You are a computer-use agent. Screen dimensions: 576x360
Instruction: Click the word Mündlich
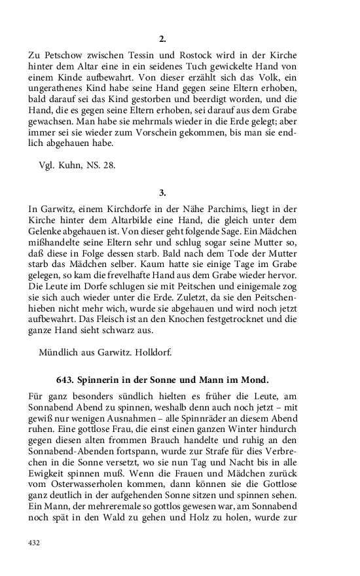pyautogui.click(x=59, y=353)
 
